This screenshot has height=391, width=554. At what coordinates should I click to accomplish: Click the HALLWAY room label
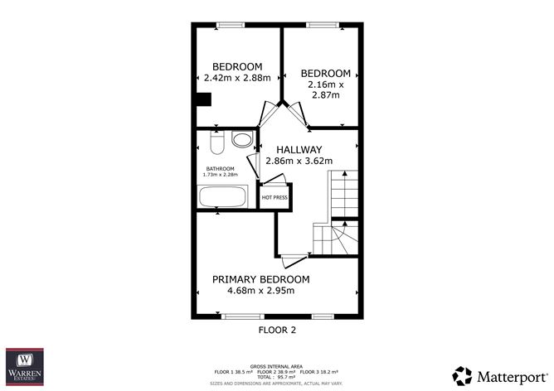299,149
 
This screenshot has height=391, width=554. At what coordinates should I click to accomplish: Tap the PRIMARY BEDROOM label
260,279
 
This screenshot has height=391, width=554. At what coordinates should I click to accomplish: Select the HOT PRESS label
275,198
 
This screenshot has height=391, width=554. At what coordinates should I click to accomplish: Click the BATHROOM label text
221,168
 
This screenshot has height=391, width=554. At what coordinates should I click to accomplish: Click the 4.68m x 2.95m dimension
260,291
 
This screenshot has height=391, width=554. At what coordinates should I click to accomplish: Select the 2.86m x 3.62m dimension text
299,161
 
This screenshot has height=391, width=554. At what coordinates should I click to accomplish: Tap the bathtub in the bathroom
223,197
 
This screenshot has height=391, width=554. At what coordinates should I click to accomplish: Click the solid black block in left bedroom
203,100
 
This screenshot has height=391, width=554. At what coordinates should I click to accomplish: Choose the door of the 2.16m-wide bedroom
297,115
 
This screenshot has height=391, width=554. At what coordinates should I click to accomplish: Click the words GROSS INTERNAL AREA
276,365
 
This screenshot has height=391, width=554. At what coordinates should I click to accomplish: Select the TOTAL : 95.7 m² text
276,378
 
